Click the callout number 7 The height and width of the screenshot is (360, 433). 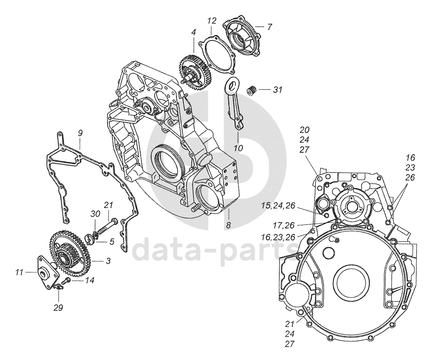tap(269, 27)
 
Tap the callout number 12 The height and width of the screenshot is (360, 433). tap(211, 21)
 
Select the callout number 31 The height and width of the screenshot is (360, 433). tap(277, 90)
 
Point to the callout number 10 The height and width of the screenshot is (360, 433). tap(238, 148)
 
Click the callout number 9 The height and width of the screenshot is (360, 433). tap(80, 133)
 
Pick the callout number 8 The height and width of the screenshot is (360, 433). tap(228, 225)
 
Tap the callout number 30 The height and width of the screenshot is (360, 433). tap(95, 214)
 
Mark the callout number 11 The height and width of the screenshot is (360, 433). tap(19, 273)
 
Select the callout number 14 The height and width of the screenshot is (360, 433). tap(89, 280)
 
